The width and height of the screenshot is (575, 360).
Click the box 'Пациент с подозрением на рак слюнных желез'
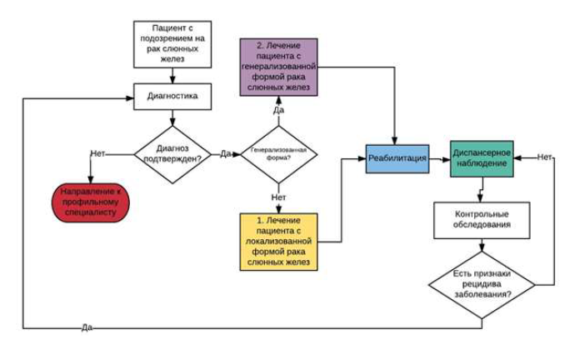[x=172, y=44]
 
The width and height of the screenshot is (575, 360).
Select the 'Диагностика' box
[x=172, y=97]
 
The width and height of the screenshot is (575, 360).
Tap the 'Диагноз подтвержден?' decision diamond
[x=172, y=154]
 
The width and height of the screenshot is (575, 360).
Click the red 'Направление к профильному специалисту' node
[x=91, y=202]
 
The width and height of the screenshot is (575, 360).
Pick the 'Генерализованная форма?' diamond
[x=278, y=154]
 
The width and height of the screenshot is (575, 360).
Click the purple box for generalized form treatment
[x=278, y=67]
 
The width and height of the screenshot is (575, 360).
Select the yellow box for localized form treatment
[x=278, y=242]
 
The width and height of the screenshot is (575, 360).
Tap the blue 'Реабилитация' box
[x=397, y=158]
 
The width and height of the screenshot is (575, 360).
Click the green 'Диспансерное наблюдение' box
[x=482, y=158]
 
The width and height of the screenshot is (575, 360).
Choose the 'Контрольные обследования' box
[x=482, y=220]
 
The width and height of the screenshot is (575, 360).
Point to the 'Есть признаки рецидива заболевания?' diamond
[x=482, y=285]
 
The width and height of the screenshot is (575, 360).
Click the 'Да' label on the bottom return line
[x=87, y=327]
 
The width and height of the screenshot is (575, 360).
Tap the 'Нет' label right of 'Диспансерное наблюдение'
[x=544, y=157]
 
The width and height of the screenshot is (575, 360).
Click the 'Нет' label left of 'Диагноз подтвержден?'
[x=97, y=153]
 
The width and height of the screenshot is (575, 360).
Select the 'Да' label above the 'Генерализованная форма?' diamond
[x=278, y=110]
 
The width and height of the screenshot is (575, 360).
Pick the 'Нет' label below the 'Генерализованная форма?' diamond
[x=278, y=197]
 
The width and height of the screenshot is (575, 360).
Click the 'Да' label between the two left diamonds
[x=226, y=153]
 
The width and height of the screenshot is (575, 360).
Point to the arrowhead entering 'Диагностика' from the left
[x=130, y=98]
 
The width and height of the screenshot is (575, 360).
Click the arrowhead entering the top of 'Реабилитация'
[x=394, y=141]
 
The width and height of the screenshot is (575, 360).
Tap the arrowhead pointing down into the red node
[x=91, y=180]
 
